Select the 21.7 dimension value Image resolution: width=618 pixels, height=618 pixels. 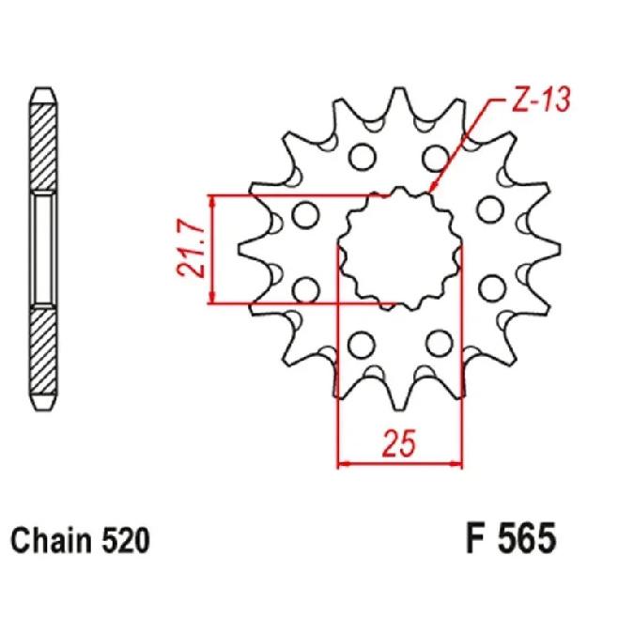pos(191,250)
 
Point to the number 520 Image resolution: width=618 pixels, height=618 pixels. pos(123,542)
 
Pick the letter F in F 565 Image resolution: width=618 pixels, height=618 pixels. pos(474,541)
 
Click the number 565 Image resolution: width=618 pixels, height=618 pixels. pos(525,541)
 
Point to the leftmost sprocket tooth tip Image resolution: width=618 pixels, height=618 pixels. pos(241,251)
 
